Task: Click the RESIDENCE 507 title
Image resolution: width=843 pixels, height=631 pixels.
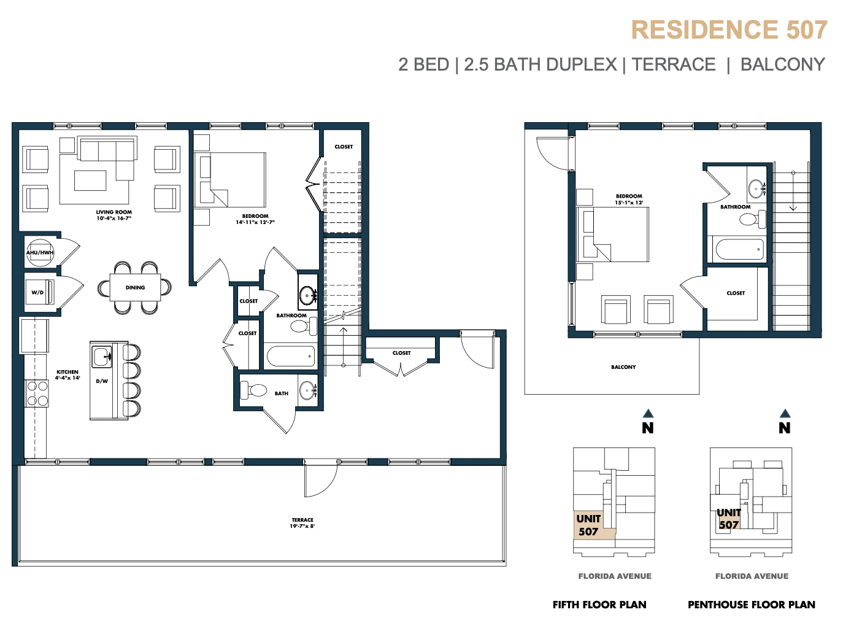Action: pos(729,30)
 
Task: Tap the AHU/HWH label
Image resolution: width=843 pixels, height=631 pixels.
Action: pos(40,252)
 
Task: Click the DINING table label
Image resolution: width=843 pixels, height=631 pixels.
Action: pos(135,287)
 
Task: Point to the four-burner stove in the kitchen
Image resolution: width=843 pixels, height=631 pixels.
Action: pos(37,393)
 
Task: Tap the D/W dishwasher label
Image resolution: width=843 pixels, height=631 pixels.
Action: pos(102,381)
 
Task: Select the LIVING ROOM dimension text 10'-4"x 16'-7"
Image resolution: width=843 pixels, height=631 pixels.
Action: pos(114,218)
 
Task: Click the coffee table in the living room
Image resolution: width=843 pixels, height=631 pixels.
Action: pos(90,180)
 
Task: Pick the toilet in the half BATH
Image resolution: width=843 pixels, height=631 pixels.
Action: pos(253,390)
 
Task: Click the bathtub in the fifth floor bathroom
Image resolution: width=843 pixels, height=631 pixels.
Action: pos(291,356)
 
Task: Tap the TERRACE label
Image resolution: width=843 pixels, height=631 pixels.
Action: pos(302,520)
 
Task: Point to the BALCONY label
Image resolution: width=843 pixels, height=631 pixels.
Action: pos(623,367)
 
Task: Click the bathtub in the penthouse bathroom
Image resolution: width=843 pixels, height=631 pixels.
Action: pos(739,249)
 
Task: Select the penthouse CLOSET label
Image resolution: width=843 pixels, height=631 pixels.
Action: pos(736,293)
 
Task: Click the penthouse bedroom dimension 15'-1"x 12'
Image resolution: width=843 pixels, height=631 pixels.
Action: pos(629,203)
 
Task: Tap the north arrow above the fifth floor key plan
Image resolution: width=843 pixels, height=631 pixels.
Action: pos(648,414)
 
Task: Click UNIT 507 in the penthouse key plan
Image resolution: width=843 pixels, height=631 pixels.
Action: pos(728,519)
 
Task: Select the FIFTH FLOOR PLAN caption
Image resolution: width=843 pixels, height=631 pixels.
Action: pos(599,605)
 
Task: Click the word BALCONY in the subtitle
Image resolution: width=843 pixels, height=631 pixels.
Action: pos(783,64)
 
